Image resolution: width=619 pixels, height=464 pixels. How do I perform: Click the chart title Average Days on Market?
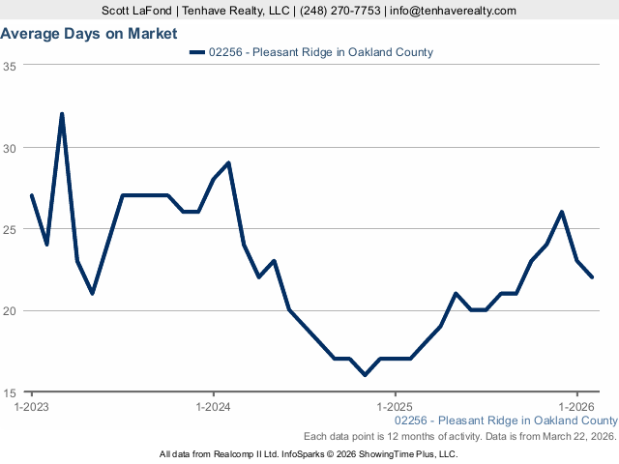tap(89, 34)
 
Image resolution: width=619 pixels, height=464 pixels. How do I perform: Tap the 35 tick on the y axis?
tap(10, 66)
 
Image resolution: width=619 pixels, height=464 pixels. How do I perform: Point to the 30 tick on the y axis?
tap(10, 148)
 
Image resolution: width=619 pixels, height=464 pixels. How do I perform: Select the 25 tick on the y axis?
tap(10, 229)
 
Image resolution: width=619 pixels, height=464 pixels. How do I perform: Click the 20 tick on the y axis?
tap(10, 311)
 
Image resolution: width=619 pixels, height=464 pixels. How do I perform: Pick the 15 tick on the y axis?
tap(10, 392)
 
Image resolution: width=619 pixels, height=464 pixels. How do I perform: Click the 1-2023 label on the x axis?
tap(31, 408)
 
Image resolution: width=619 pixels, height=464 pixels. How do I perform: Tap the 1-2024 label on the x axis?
tap(213, 408)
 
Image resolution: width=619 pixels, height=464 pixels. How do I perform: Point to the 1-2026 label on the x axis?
tap(576, 408)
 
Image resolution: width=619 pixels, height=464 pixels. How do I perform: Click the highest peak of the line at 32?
tap(62, 114)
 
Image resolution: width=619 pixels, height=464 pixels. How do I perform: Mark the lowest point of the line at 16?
tap(365, 375)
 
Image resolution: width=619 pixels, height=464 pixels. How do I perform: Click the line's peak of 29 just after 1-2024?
tap(228, 162)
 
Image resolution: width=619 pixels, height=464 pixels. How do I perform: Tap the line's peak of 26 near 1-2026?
tap(562, 212)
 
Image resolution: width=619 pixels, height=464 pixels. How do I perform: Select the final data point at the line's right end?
tap(592, 277)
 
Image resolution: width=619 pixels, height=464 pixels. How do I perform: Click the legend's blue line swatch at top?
tap(198, 52)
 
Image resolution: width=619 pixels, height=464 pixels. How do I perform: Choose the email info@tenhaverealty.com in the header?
tap(454, 11)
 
